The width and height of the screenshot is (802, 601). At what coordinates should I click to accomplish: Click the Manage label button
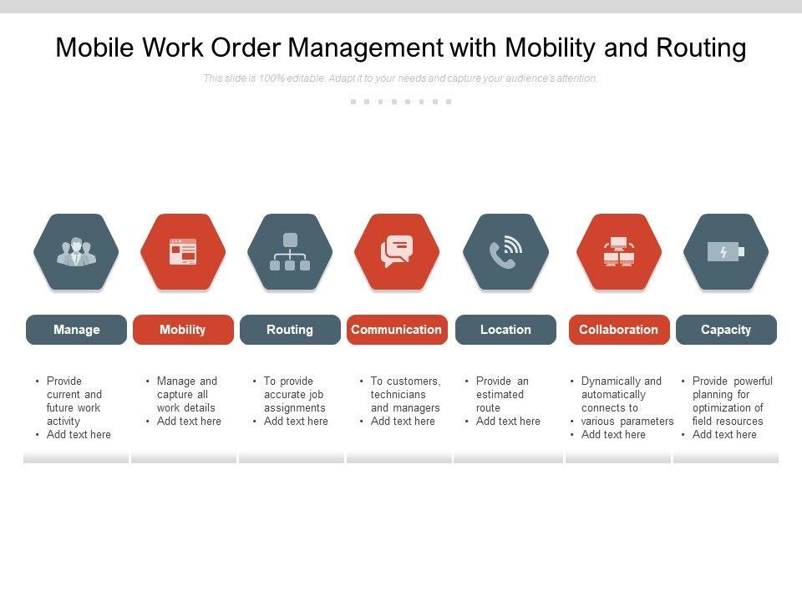click(x=76, y=330)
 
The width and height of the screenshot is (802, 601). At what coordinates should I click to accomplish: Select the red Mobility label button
click(x=182, y=330)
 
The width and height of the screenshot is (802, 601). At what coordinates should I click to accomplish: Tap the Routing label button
click(x=290, y=330)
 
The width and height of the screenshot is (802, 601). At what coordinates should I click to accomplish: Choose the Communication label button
click(x=397, y=330)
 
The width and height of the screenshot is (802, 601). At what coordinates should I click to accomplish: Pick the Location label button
click(x=505, y=330)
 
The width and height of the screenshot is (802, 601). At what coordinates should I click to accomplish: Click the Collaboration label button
click(x=619, y=330)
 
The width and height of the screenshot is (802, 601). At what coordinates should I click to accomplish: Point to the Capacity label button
click(x=726, y=330)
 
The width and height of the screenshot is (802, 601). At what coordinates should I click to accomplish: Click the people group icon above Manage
click(x=76, y=252)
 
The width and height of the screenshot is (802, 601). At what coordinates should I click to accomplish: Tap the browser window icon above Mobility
click(x=183, y=252)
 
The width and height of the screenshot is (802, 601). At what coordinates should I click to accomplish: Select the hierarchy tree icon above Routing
click(x=290, y=252)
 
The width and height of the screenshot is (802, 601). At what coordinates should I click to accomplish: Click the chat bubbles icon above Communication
click(x=397, y=252)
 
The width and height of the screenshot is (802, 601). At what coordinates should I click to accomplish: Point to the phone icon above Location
click(x=505, y=252)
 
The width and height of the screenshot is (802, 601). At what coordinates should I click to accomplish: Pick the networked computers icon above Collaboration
click(x=619, y=252)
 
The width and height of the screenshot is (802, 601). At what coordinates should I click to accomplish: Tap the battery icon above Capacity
click(x=726, y=252)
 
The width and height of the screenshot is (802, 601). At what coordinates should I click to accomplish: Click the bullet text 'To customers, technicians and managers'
click(x=405, y=394)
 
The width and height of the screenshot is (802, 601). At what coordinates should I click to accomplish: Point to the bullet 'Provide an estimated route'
click(x=501, y=394)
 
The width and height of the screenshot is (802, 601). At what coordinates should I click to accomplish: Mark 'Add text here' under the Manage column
click(x=79, y=434)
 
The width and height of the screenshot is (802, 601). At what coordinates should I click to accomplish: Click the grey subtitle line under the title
click(x=401, y=78)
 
